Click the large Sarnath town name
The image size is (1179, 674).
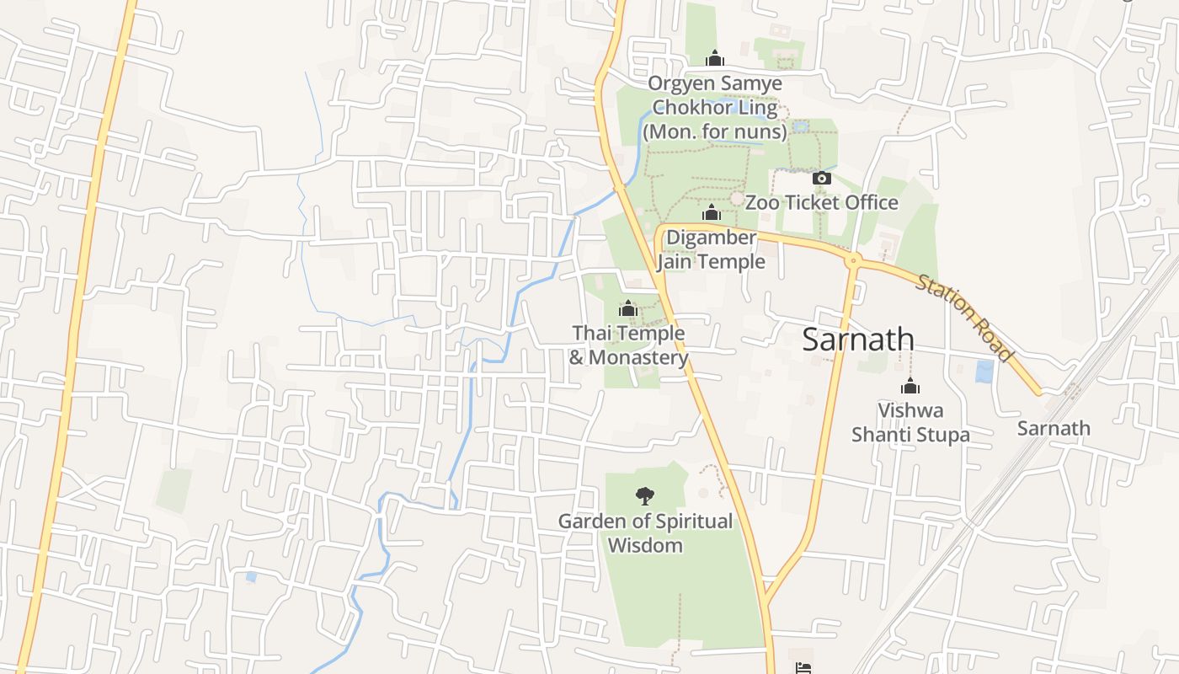857,340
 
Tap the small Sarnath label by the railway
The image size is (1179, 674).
1053,428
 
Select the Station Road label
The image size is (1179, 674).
963,318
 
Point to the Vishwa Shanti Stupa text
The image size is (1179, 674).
910,422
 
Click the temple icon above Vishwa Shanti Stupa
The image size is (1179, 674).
910,387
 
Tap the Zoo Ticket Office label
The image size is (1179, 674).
821,203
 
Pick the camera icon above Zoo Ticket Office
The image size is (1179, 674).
821,179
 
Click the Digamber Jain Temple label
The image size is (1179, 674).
712,249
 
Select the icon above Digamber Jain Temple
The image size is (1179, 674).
712,213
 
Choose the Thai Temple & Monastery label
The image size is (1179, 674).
629,345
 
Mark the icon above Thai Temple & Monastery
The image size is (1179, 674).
628,309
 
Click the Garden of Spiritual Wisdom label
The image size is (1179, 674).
645,532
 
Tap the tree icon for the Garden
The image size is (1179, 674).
645,495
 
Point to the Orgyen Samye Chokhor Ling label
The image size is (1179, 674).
714,96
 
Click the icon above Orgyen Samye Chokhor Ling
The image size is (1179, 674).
715,58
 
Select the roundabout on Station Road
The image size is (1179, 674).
853,261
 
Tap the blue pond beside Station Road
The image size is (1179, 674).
984,372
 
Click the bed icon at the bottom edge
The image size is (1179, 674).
803,668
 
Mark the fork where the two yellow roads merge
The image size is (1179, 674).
766,600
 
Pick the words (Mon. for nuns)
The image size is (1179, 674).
714,132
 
